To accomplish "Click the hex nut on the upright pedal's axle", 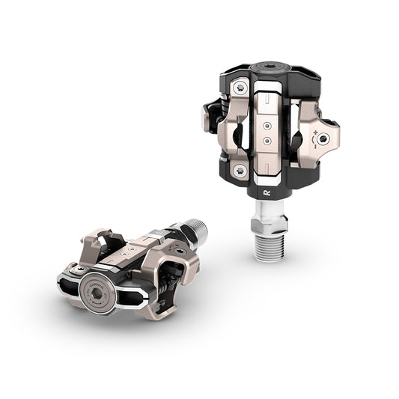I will pos(267,218).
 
